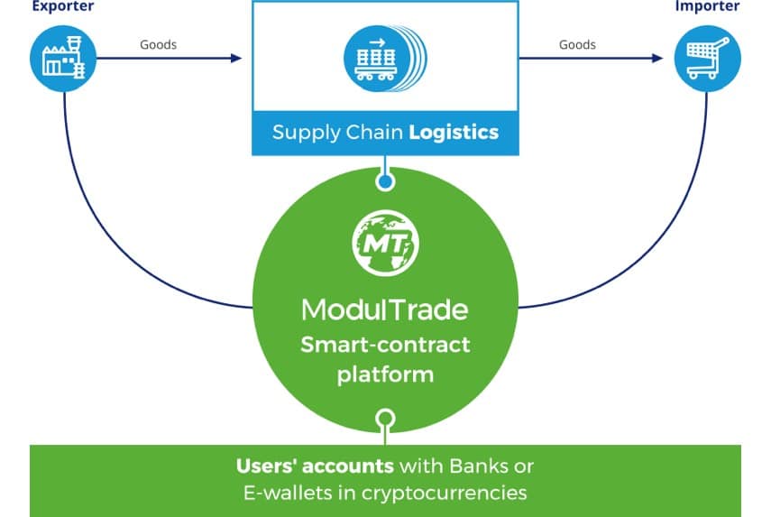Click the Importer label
pos(707,6)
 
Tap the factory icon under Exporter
pos(62,60)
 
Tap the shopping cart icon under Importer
pos(708,60)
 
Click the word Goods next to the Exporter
pos(158,44)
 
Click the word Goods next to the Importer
pos(577,44)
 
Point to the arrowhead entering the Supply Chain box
pos(237,59)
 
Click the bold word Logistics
pos(454,133)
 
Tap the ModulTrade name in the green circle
pos(385,309)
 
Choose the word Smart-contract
pos(385,345)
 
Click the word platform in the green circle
pos(385,374)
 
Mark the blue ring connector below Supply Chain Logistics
pos(385,181)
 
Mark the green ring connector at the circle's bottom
pos(385,420)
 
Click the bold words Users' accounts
pos(315,466)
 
